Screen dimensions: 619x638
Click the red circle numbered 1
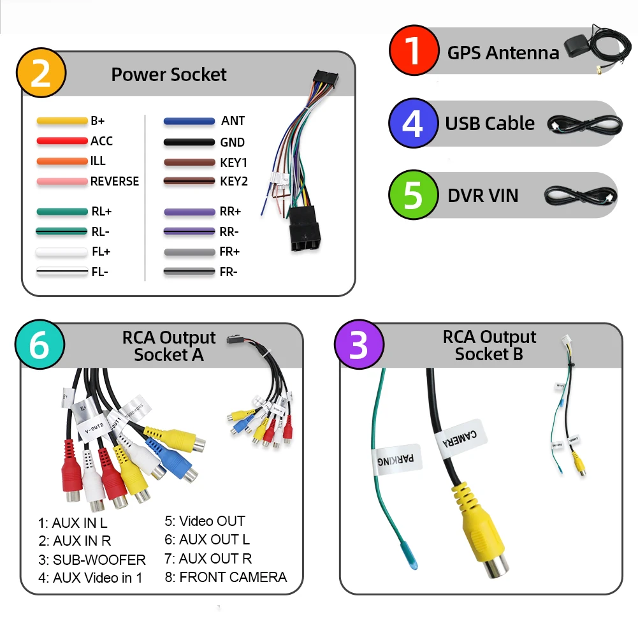coord(414,50)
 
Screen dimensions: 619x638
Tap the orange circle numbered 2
coord(41,74)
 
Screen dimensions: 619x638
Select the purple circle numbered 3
coord(359,345)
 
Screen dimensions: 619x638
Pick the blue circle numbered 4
coord(413,124)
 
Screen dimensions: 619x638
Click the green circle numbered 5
coord(413,195)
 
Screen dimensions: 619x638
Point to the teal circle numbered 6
coord(40,345)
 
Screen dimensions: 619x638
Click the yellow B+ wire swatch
coord(62,120)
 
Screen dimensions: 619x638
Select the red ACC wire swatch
coord(62,141)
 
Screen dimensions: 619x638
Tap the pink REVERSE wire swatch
coord(62,182)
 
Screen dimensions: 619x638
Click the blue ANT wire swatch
coord(189,121)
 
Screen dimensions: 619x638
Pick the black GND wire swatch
coord(189,142)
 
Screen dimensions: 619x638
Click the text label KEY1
coord(233,163)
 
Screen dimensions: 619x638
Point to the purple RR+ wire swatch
coord(189,212)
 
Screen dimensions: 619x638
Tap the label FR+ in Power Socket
coord(229,252)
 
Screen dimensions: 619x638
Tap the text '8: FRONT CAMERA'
coord(226,578)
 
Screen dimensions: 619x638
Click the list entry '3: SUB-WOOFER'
coord(92,560)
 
